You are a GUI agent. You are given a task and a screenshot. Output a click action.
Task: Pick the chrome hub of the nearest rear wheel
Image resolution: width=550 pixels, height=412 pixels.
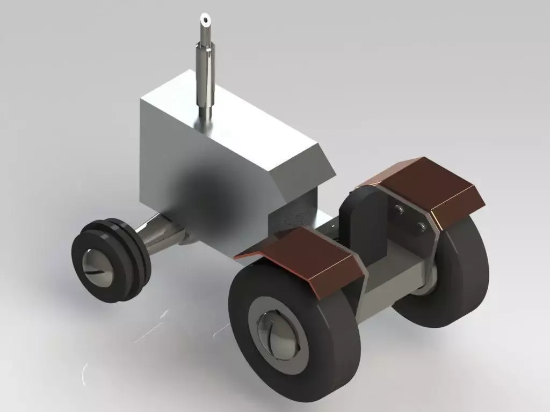pyautogui.click(x=277, y=332)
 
